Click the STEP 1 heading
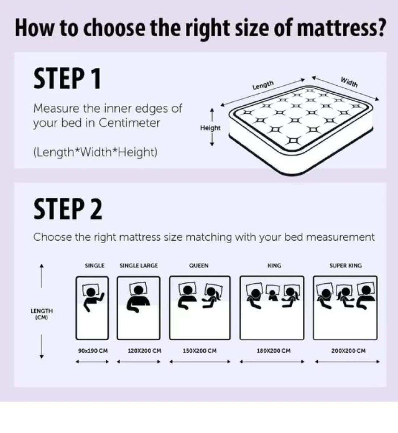[67, 79]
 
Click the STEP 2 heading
[68, 209]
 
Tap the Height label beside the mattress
[210, 128]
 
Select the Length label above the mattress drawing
[263, 85]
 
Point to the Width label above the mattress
[349, 82]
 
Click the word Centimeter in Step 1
[130, 123]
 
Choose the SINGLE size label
[95, 266]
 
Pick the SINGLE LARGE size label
[139, 266]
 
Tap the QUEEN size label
[199, 266]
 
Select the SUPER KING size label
[346, 266]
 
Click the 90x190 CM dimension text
[93, 351]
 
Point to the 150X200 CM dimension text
[200, 351]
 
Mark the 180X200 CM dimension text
[274, 351]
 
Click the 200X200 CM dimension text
[348, 351]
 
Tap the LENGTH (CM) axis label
[42, 314]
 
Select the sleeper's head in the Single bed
[91, 291]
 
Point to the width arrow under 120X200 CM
[139, 362]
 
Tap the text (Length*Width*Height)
[95, 152]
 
